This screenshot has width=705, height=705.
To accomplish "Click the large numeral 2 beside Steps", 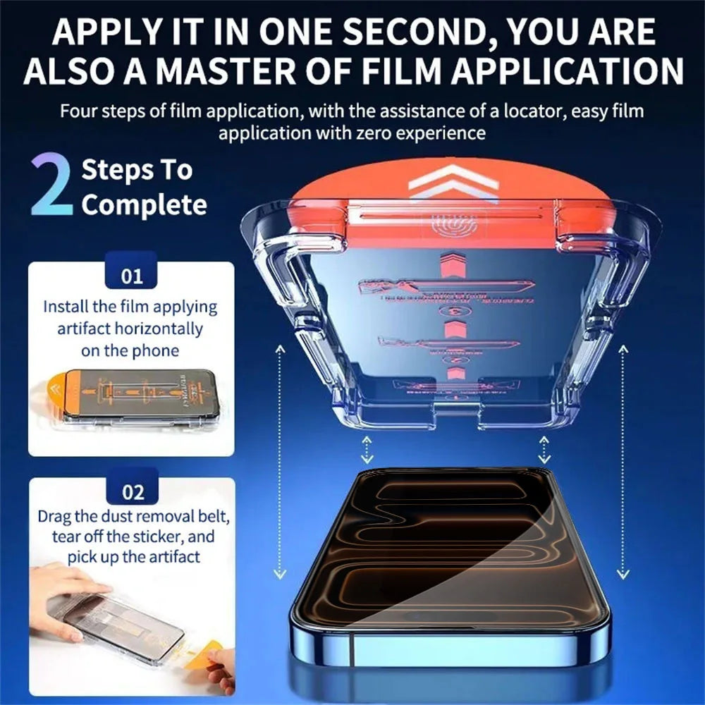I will pos(51,187).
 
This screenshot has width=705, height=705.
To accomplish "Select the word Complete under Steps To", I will pos(145,205).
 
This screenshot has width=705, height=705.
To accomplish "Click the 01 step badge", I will pos(132,275).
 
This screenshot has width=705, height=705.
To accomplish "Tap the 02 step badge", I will pos(132,491).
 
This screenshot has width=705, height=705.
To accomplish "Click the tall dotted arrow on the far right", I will pos(623,462).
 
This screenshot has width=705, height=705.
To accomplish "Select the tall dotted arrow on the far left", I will pos(281,462).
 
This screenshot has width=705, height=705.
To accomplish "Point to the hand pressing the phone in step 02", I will pos(67,592).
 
